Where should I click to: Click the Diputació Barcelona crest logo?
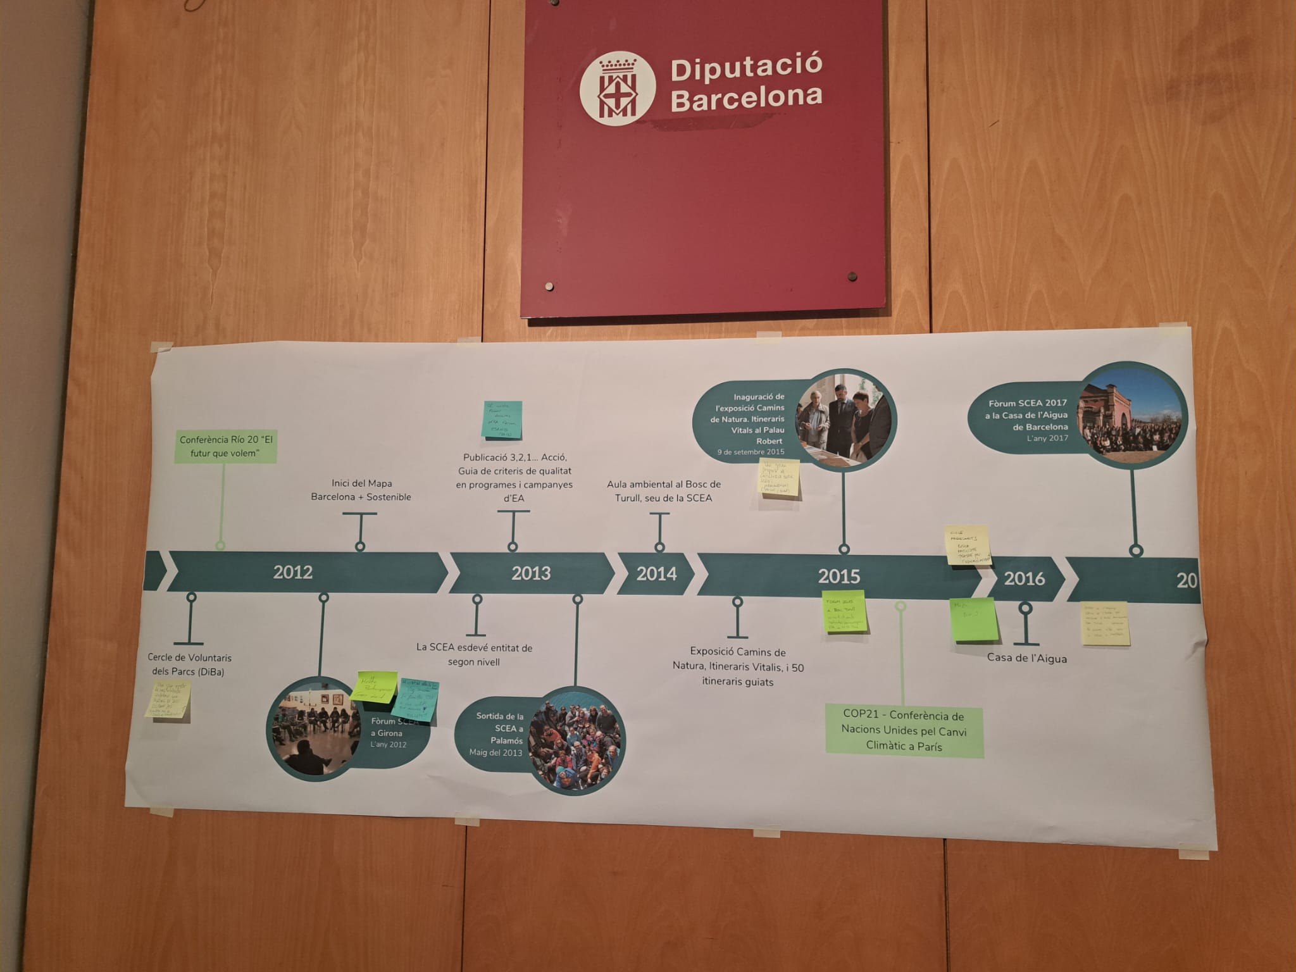617,89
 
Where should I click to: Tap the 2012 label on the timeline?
293,572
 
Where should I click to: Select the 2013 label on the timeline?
531,573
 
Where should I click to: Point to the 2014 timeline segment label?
656,574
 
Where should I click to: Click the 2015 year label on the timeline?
838,576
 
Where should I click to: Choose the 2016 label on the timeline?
1024,578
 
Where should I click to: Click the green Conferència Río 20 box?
226,446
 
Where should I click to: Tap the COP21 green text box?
904,731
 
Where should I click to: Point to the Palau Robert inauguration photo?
845,419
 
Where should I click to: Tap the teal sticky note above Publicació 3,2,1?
502,420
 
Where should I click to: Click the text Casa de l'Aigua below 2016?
1026,658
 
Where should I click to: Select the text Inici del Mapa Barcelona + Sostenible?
361,490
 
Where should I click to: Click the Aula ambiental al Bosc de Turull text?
663,491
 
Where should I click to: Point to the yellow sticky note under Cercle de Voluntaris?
168,699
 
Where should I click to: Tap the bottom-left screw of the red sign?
549,287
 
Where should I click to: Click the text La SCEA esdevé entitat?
474,654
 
